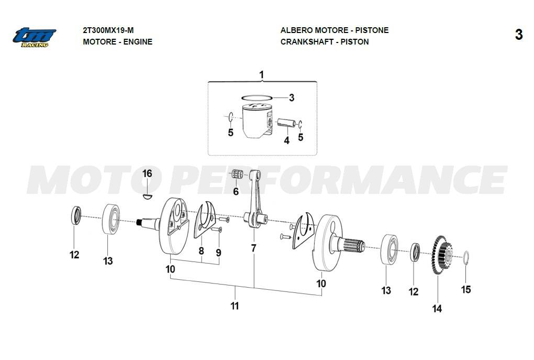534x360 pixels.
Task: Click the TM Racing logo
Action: (x=35, y=37)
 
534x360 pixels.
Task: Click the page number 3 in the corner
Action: (x=518, y=35)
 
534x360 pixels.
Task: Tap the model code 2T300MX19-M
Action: (x=108, y=30)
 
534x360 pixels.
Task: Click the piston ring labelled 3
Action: (x=257, y=98)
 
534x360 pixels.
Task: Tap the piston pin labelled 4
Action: (x=286, y=122)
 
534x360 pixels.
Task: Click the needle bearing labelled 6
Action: (x=237, y=174)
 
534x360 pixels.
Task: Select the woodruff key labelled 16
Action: (x=147, y=196)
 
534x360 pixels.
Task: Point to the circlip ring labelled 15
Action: (x=466, y=258)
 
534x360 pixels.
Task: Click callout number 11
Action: (x=235, y=306)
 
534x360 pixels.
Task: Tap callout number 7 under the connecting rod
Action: (x=253, y=248)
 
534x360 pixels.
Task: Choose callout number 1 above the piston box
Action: (x=262, y=74)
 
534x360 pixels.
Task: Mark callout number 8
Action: (x=201, y=251)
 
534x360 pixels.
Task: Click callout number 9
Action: (x=218, y=253)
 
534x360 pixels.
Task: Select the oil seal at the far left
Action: (x=76, y=215)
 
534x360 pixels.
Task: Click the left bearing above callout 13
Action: (x=111, y=219)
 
